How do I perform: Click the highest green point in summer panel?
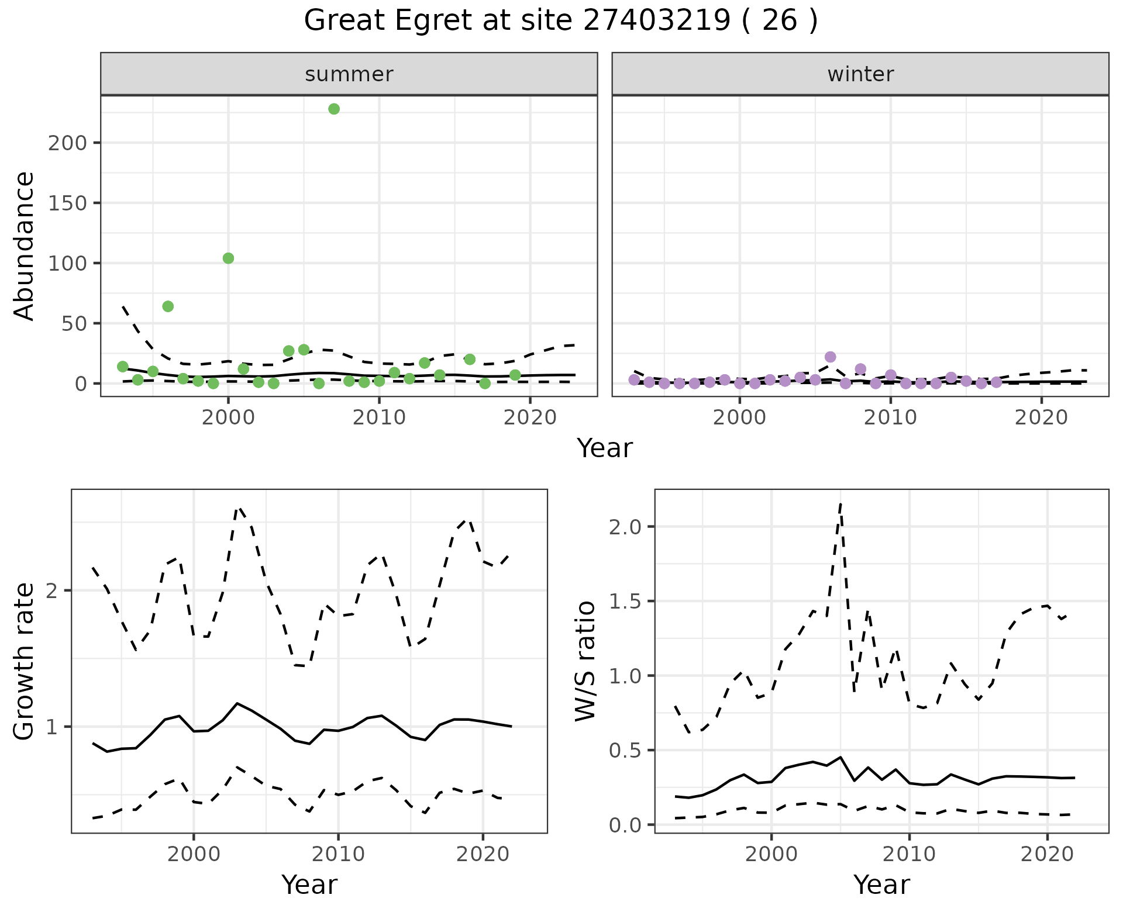tap(334, 109)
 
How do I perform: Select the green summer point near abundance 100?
tap(229, 258)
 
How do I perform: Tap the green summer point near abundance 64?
tap(168, 306)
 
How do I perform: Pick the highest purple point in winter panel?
tap(830, 357)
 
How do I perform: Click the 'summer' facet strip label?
tap(349, 74)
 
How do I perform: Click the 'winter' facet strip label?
tap(860, 74)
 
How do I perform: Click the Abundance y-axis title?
tap(25, 246)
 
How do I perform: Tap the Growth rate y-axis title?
tap(25, 661)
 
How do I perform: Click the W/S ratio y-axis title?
tap(585, 661)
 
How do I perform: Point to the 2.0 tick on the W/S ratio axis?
tap(625, 527)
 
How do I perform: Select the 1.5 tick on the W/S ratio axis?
tap(625, 602)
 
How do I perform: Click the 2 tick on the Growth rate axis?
tap(53, 591)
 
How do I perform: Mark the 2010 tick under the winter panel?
tap(890, 418)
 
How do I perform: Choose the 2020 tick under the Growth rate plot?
tap(483, 854)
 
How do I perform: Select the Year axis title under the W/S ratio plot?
tap(881, 885)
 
